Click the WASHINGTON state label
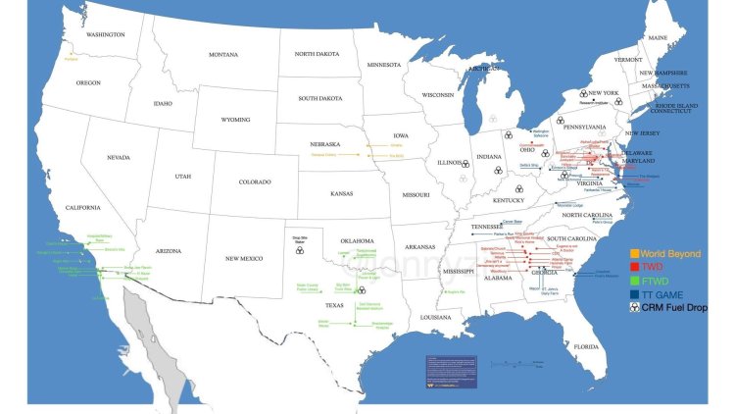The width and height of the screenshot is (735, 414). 105,34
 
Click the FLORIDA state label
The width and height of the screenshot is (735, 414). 586,346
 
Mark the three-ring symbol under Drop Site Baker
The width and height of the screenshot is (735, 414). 299,250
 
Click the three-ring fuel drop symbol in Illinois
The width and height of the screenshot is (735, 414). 465,165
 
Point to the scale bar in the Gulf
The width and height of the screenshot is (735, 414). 520,363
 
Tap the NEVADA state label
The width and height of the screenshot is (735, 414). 119,157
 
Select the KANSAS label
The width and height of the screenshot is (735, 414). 341,194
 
